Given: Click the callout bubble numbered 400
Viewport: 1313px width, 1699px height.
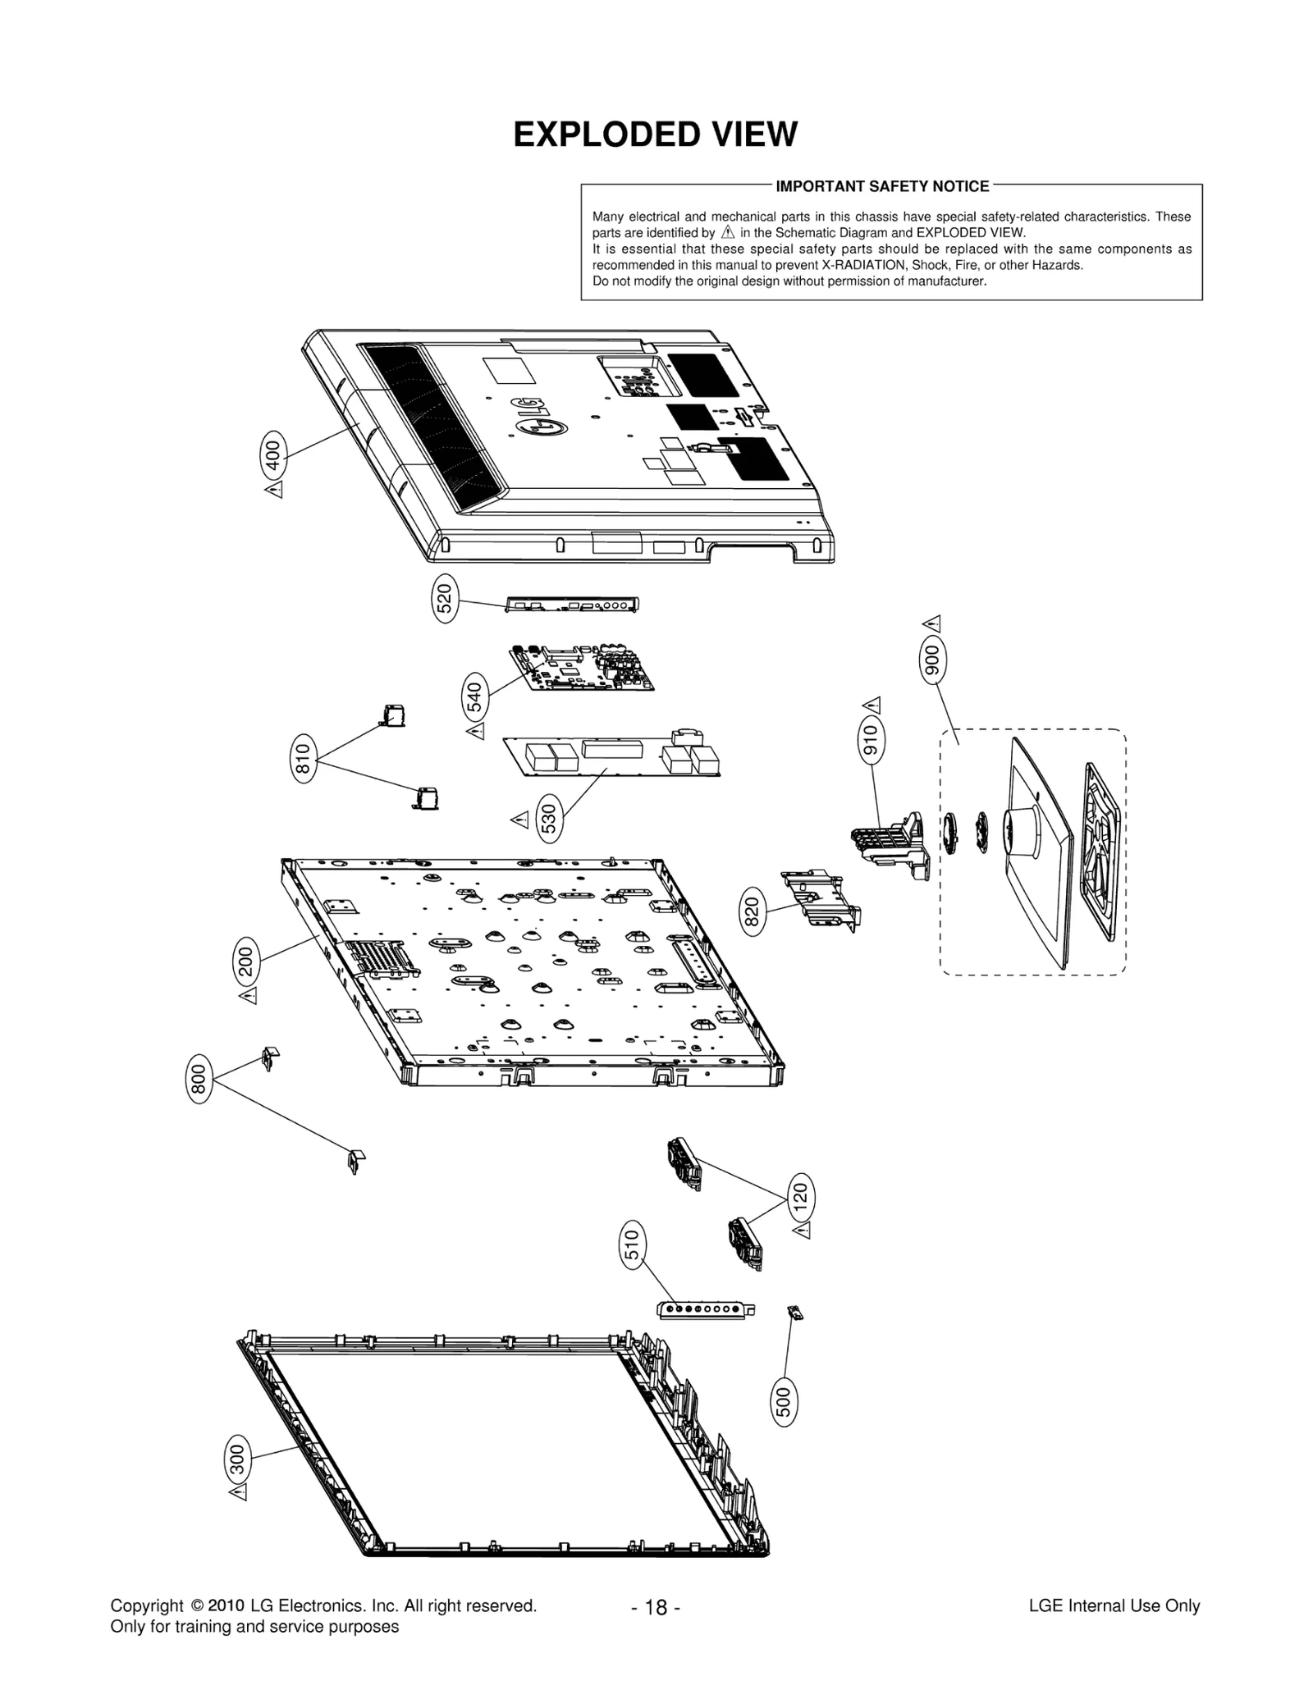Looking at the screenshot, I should click(x=274, y=453).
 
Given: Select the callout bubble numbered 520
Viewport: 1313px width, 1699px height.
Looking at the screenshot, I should click(x=445, y=599).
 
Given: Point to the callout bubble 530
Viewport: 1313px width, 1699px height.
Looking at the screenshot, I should click(x=550, y=819).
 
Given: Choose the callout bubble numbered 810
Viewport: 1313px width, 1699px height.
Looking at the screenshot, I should click(x=304, y=759).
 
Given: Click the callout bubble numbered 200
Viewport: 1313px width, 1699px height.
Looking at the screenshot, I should click(x=246, y=961).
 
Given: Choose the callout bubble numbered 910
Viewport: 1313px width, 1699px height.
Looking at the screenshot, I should click(x=870, y=741).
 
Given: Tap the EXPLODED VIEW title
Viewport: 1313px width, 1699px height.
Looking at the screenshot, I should click(x=655, y=135).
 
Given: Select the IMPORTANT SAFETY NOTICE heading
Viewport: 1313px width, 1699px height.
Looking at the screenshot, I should click(x=882, y=186).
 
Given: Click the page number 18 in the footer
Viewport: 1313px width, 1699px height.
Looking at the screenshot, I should click(x=656, y=1607).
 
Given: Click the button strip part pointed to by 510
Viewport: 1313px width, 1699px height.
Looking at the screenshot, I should click(x=706, y=1309).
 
